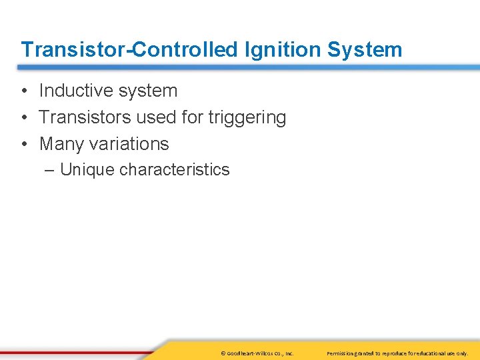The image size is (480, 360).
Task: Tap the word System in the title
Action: tap(369, 49)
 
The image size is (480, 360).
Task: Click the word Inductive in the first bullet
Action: tap(74, 91)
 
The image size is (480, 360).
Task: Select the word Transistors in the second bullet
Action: tap(85, 117)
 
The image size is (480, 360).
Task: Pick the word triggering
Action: tap(247, 118)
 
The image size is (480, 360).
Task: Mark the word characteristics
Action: tap(174, 170)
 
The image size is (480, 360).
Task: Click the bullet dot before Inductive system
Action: tap(23, 91)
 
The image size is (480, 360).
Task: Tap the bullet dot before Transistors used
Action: tap(23, 118)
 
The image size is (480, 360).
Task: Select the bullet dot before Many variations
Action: tap(23, 145)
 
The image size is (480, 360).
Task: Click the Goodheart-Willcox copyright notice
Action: tap(256, 353)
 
